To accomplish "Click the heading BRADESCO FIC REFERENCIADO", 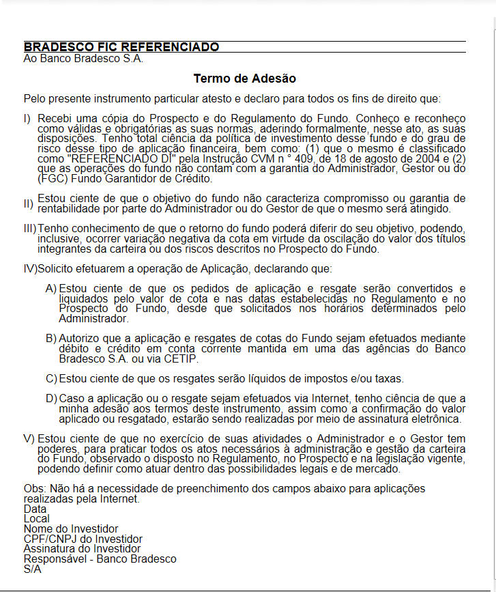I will pos(121,47).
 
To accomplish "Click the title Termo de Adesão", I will pos(244,79).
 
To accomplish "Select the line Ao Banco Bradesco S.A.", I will pos(83,58).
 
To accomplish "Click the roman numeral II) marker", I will pos(28,203).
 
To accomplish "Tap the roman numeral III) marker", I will pos(30,227).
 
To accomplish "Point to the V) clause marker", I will pos(29,438).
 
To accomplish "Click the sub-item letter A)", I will pos(51,288).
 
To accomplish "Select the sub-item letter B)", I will pos(51,338).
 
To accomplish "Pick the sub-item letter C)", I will pos(51,378).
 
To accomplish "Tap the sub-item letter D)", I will pos(51,398).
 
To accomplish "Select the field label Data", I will pos(35,509).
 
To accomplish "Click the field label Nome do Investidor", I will pos(71,528).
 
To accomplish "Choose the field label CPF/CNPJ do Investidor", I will pos(83,539).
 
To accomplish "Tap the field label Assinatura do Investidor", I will pos(82,548).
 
